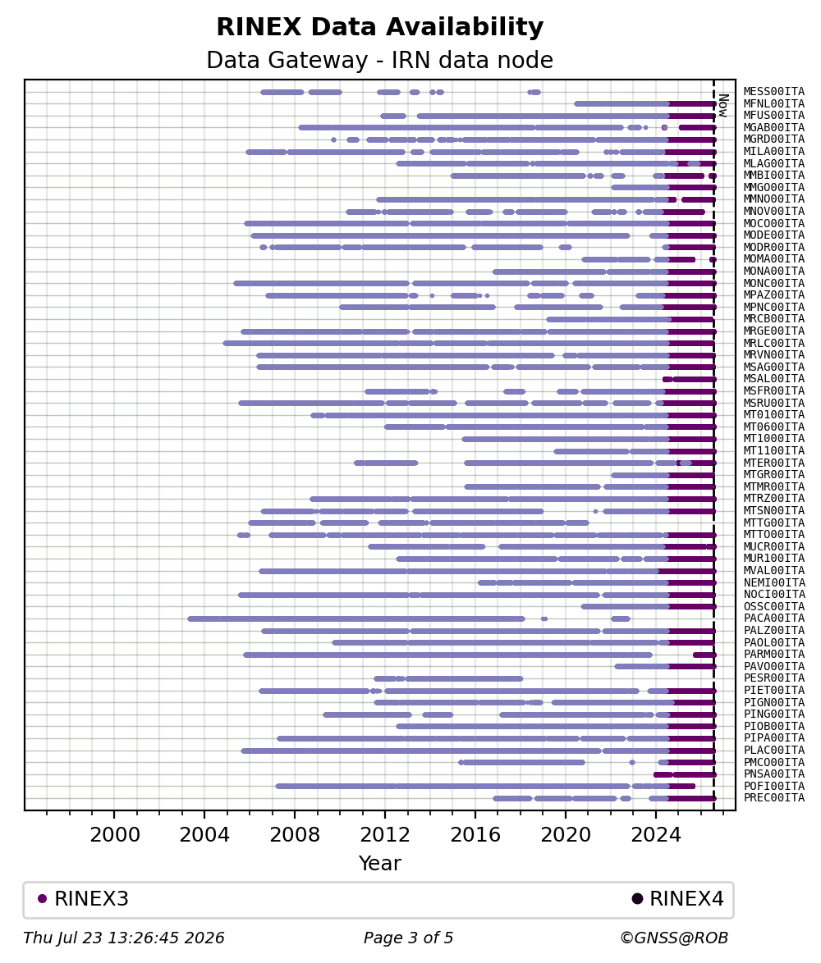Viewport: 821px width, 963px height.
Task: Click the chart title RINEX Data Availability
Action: point(380,27)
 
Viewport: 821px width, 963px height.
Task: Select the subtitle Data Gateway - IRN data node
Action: point(380,60)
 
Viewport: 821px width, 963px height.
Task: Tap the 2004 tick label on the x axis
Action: point(204,835)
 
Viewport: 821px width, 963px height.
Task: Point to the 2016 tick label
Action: point(475,835)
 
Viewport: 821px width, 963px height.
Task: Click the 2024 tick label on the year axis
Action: point(656,835)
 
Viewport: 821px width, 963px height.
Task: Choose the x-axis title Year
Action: point(380,863)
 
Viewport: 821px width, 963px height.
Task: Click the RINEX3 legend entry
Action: point(84,898)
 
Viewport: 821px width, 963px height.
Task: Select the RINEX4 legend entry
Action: point(678,898)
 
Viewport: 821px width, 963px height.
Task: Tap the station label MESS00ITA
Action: point(773,92)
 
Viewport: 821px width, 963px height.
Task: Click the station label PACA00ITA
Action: point(773,618)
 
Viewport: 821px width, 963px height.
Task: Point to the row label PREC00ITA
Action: point(773,798)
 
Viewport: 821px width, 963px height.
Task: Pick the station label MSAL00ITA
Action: point(773,379)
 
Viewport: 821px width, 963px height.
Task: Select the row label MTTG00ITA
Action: point(773,523)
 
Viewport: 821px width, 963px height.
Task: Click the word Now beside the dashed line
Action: point(723,105)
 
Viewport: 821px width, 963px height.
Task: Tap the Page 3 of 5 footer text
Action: point(408,938)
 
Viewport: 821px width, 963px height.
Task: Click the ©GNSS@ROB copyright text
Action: point(674,938)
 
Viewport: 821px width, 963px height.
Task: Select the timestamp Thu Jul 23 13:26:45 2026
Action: point(123,938)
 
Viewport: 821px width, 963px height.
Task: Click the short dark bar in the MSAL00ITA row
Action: point(667,379)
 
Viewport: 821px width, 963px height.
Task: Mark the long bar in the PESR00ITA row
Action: point(464,678)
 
